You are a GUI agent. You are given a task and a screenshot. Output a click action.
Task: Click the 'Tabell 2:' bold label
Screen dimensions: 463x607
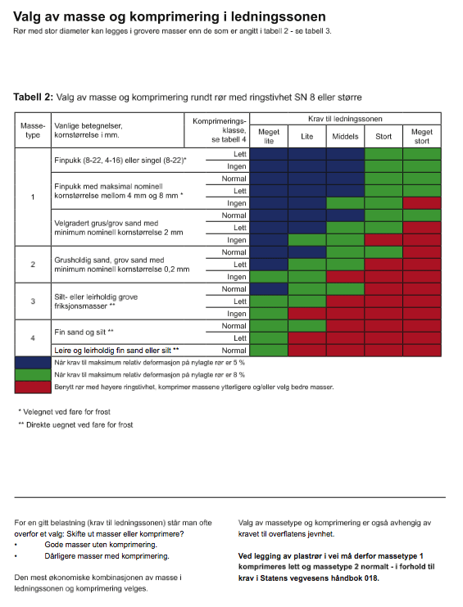coord(33,97)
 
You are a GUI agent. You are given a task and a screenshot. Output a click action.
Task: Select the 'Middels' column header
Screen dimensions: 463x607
coord(345,136)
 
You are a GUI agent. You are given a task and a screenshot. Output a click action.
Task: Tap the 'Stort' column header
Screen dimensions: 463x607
coord(384,136)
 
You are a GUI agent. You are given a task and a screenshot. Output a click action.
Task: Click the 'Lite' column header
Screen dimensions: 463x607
coord(307,136)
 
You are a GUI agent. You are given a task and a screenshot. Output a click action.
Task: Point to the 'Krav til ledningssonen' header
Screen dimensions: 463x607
coord(345,119)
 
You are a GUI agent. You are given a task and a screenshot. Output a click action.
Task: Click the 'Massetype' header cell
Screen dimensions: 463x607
coord(33,130)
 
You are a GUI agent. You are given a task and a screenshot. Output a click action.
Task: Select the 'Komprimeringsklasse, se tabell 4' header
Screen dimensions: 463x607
coord(219,130)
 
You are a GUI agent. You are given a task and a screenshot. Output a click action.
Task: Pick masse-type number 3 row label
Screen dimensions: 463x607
coord(33,301)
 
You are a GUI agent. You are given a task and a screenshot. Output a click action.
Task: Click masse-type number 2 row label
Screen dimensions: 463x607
coord(33,265)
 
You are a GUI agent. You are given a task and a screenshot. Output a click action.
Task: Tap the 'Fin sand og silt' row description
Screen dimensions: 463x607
coord(84,332)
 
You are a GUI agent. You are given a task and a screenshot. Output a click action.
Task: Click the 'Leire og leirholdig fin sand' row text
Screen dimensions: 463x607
coord(116,351)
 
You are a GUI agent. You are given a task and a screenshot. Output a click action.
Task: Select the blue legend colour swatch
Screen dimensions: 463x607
coord(33,363)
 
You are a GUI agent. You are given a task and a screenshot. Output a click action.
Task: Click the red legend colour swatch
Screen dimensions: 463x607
coord(33,387)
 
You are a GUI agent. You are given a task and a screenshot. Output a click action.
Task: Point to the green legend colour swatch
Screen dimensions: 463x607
coord(33,374)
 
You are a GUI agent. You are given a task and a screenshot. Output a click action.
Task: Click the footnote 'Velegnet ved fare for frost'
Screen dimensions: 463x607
coord(64,412)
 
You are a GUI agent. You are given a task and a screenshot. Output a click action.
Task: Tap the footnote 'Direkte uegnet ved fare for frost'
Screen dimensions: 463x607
coord(75,424)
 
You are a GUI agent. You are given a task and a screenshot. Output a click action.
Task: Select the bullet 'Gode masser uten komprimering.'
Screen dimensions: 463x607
coord(101,545)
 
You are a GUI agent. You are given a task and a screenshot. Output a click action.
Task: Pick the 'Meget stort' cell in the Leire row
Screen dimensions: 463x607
coord(422,351)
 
